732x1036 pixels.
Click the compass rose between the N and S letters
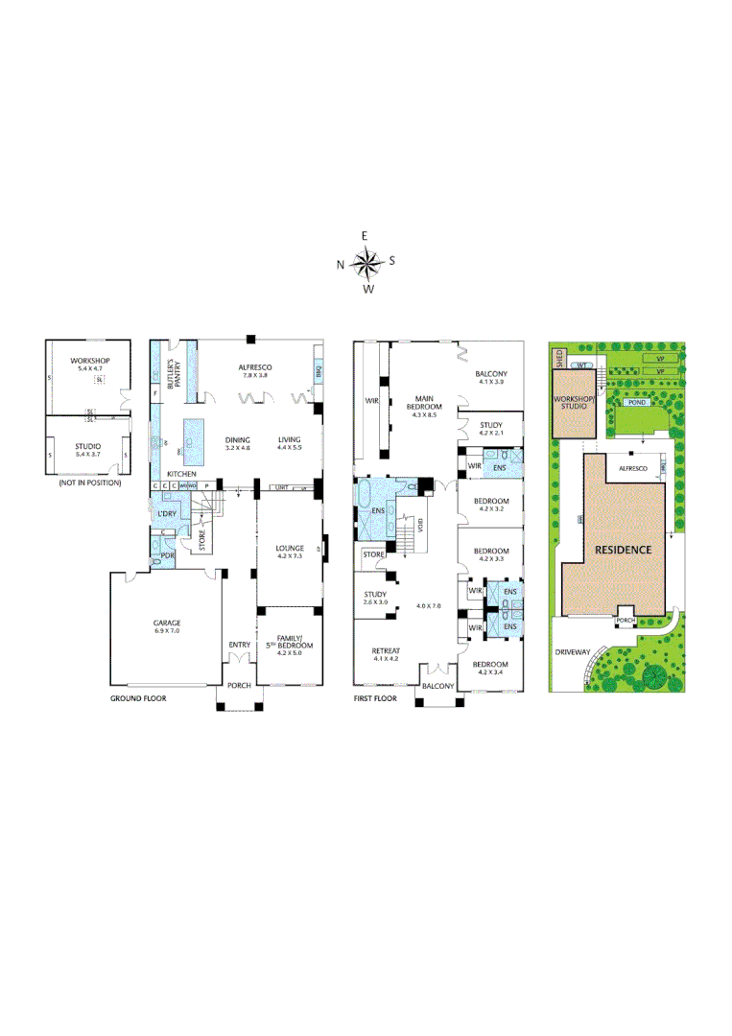pyautogui.click(x=366, y=260)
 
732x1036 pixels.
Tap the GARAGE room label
pyautogui.click(x=167, y=623)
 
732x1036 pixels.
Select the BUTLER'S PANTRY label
pyautogui.click(x=175, y=373)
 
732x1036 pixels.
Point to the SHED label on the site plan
pyautogui.click(x=558, y=358)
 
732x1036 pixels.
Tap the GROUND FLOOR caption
pyautogui.click(x=138, y=699)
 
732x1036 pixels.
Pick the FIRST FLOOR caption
pyautogui.click(x=375, y=699)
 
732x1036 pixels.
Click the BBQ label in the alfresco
pyautogui.click(x=317, y=370)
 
